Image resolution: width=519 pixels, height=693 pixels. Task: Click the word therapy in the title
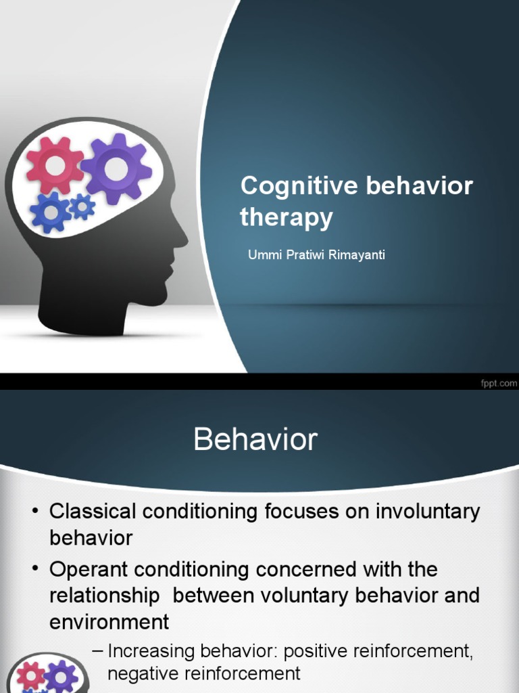[x=287, y=217]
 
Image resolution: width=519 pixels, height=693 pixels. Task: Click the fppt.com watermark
[x=498, y=383]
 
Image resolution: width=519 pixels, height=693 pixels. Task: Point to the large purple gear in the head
[x=116, y=169]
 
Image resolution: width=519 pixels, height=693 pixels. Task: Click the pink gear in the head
[x=55, y=164]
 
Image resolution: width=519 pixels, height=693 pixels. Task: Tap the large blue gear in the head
[x=50, y=212]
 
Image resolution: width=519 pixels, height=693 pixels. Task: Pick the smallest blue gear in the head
[x=82, y=206]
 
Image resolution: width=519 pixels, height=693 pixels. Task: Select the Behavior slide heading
[x=255, y=441]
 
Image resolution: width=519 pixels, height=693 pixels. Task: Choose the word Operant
[x=91, y=570]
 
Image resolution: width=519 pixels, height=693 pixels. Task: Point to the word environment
[x=109, y=621]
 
